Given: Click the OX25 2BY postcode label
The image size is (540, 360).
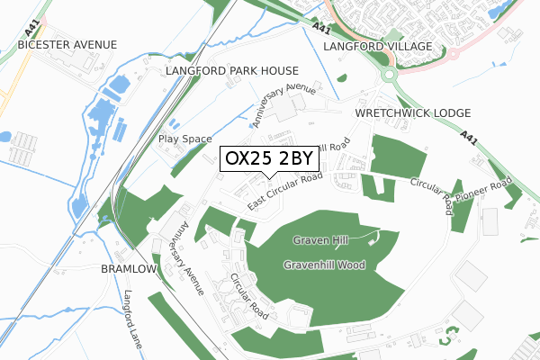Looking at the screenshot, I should [268, 158].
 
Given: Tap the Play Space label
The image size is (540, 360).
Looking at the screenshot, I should [184, 139].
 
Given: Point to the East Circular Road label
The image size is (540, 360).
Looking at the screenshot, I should [285, 193].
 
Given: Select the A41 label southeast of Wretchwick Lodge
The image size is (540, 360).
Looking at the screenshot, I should [467, 140].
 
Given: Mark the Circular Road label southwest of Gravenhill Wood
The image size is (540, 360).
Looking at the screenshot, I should [248, 296].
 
